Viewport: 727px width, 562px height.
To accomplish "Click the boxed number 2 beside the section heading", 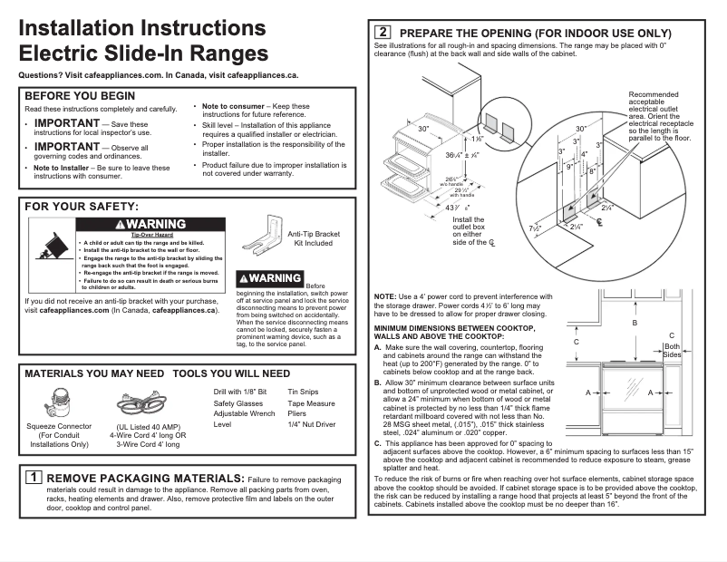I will click(383, 33).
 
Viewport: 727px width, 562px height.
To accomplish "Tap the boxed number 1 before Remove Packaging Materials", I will click(33, 477).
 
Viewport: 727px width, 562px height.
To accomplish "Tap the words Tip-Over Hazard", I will click(139, 235).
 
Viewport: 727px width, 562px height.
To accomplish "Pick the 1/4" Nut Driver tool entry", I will click(312, 423).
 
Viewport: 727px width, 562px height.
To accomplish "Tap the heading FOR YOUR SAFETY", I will click(82, 207).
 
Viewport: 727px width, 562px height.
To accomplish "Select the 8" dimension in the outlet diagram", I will click(591, 170).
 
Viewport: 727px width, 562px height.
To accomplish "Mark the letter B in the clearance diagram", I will click(635, 324).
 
